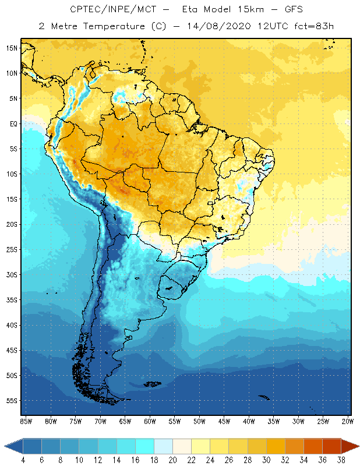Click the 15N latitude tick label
(x=12, y=48)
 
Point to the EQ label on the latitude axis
(x=13, y=123)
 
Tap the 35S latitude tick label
(x=12, y=300)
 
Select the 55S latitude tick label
(x=12, y=401)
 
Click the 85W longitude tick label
(x=26, y=421)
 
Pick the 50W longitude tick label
(x=199, y=421)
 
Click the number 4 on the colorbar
(x=23, y=460)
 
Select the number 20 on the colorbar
(x=173, y=460)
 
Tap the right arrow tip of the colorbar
(x=358, y=446)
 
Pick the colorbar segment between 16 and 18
(x=144, y=446)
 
